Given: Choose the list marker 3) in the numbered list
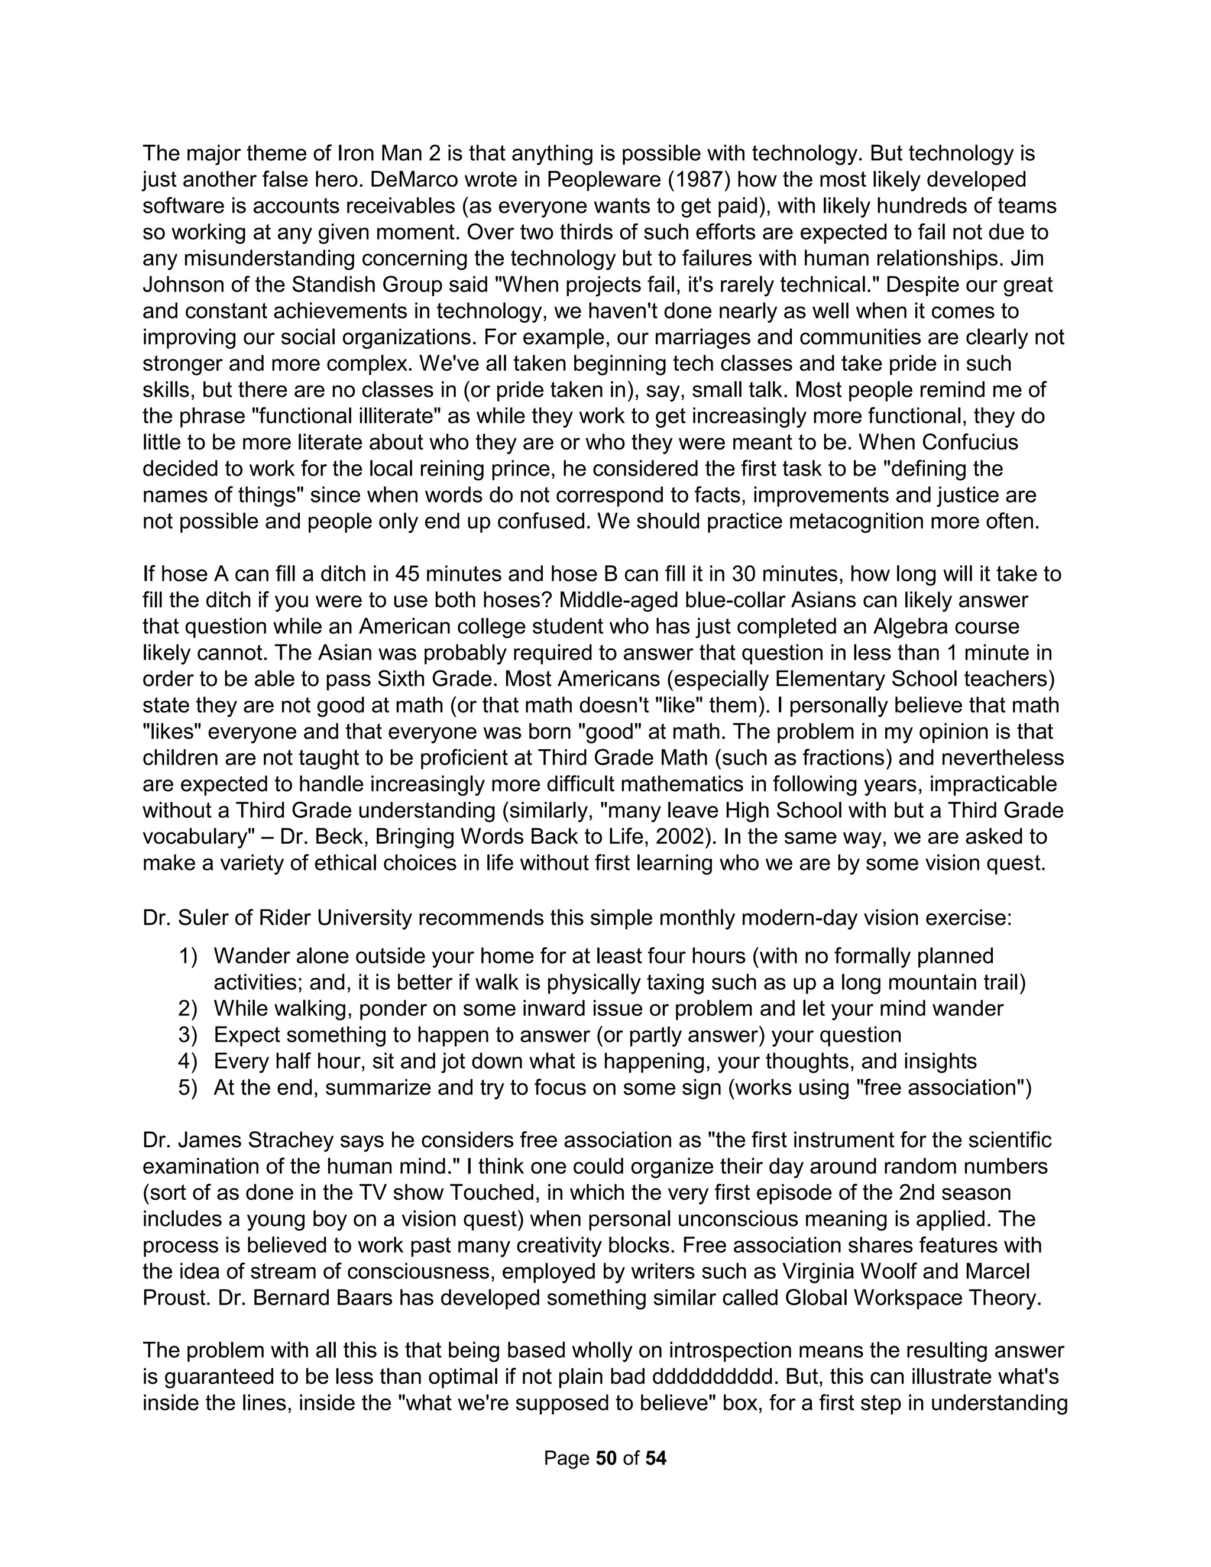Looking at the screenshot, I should coord(188,1035).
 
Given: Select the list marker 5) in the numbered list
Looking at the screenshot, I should coord(188,1087).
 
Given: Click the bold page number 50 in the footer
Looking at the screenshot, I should coord(606,1459).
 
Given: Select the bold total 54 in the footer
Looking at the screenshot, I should coord(656,1459).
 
